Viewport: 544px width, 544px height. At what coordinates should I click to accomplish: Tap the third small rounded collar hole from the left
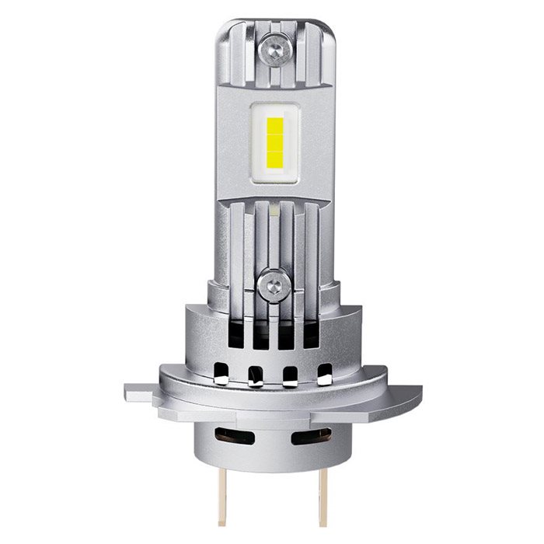click(291, 374)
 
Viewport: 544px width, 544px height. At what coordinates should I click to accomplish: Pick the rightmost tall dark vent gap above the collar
click(311, 331)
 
